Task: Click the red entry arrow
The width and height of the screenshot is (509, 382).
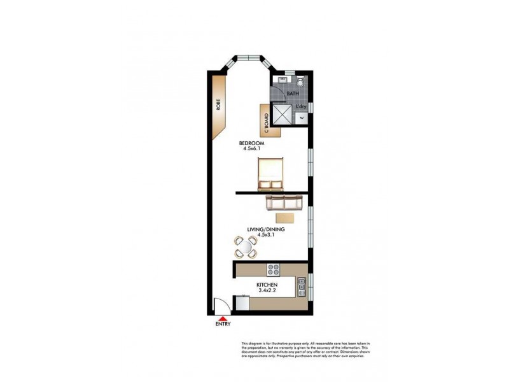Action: point(223,318)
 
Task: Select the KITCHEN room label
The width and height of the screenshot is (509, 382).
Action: point(267,285)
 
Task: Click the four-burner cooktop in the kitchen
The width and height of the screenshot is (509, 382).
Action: point(273,269)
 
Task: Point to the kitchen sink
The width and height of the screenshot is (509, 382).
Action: point(302,288)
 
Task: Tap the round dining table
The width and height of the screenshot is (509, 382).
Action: point(246,246)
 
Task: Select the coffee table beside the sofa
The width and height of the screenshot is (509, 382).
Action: point(285,217)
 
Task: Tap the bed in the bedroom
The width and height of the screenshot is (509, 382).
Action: point(270,174)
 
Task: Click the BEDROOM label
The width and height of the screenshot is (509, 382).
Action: point(251,143)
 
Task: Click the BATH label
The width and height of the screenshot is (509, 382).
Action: point(292,94)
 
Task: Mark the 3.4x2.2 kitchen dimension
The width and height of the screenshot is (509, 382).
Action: point(267,290)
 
